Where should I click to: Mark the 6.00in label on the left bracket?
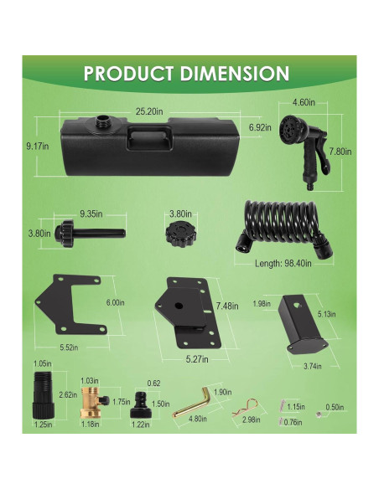[116, 303]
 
